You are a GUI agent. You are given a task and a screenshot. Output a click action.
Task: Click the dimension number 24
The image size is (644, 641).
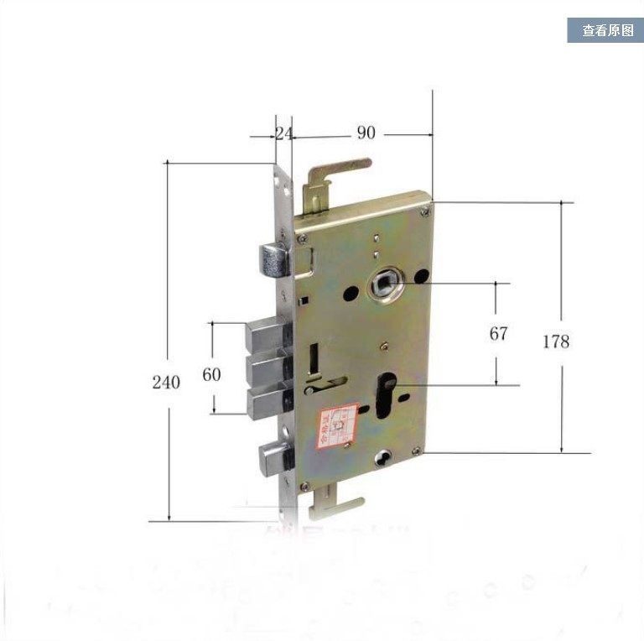[283, 133]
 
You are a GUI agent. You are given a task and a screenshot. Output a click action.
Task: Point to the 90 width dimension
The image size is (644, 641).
[366, 133]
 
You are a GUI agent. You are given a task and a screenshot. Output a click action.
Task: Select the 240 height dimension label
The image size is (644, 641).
[166, 383]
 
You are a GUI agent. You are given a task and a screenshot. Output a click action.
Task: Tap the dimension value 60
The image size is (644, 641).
[211, 374]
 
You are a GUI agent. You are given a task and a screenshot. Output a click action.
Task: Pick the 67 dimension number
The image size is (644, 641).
[499, 334]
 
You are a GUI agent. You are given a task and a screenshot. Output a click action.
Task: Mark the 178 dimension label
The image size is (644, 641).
[555, 341]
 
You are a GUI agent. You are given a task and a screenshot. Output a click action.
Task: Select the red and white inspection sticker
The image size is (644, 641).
[336, 429]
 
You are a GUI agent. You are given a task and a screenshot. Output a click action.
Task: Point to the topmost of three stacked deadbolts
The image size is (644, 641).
[267, 336]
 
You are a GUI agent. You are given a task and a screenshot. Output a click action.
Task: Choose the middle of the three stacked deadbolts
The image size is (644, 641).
[267, 368]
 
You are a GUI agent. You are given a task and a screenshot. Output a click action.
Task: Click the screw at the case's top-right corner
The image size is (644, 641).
[428, 203]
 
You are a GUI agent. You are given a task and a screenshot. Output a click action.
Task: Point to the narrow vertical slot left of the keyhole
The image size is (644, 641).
[313, 357]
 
